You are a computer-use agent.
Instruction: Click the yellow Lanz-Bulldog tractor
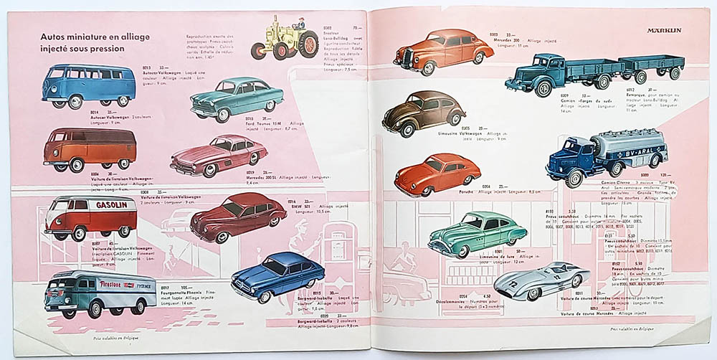(x=285, y=40)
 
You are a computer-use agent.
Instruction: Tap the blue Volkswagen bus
(x=88, y=85)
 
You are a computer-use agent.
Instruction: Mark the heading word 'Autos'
(x=55, y=36)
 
